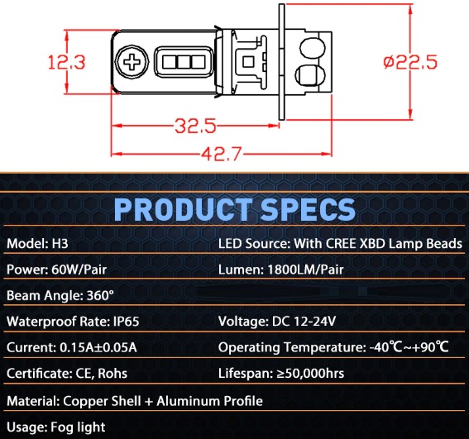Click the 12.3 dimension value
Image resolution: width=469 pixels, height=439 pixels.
pos(67,62)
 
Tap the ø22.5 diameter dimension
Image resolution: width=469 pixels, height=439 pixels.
pos(410,62)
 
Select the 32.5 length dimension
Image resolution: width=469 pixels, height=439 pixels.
pos(195,126)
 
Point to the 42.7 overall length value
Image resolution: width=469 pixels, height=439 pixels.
pos(221,154)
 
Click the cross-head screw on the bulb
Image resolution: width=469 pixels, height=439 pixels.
pos(132,62)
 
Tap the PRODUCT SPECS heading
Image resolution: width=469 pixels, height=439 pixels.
pos(235,208)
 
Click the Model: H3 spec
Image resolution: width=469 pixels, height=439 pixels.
pos(37,243)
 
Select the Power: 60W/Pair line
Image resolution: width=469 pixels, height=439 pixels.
pos(56,270)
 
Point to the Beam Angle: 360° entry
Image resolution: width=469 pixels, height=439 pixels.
pos(60,295)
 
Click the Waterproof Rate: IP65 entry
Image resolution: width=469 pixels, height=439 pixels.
pos(73,322)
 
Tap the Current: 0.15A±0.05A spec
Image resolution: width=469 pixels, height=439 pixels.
pos(72,347)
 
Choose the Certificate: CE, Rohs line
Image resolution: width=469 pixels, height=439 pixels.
pos(67,374)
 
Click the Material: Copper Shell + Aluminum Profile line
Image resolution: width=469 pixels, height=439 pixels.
pos(135,401)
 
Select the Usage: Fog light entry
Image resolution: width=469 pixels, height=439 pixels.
pos(56,427)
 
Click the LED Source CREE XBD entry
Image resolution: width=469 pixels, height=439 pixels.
pos(341,243)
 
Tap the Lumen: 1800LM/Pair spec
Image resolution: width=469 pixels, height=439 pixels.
pos(281,270)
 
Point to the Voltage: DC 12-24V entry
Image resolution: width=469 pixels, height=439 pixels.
pos(277,322)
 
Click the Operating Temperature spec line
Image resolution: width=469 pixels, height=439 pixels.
pos(333,347)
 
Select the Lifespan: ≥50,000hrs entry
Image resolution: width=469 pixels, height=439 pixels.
pos(281,374)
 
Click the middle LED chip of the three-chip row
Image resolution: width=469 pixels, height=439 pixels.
pos(184,62)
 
